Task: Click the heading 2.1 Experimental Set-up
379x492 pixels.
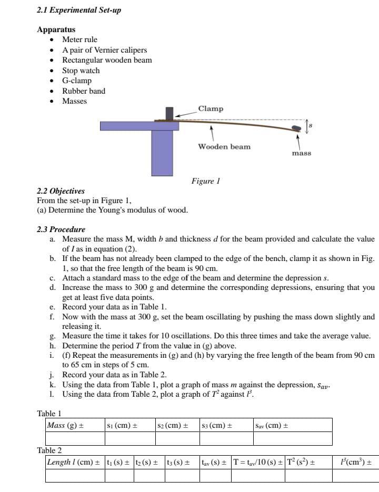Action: tap(79, 10)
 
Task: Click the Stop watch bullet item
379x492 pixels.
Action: tap(81, 71)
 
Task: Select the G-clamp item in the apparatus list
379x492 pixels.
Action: tap(77, 81)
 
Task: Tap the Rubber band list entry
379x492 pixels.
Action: tap(84, 91)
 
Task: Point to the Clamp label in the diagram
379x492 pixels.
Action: tap(211, 108)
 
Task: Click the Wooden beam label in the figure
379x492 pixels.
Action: tap(224, 146)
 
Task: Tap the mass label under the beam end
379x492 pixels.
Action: tap(302, 153)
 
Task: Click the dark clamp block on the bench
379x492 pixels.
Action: tap(169, 114)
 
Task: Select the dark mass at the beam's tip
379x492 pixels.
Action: tap(297, 128)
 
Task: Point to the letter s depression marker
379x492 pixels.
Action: tap(311, 126)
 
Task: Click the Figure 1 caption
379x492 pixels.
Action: tap(205, 181)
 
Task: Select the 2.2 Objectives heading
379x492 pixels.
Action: tap(61, 191)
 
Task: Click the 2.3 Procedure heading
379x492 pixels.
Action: tap(61, 229)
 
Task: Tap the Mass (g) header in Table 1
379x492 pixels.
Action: tap(65, 425)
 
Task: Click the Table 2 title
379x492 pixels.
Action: tap(49, 450)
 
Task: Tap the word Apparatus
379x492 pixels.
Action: tap(56, 30)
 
